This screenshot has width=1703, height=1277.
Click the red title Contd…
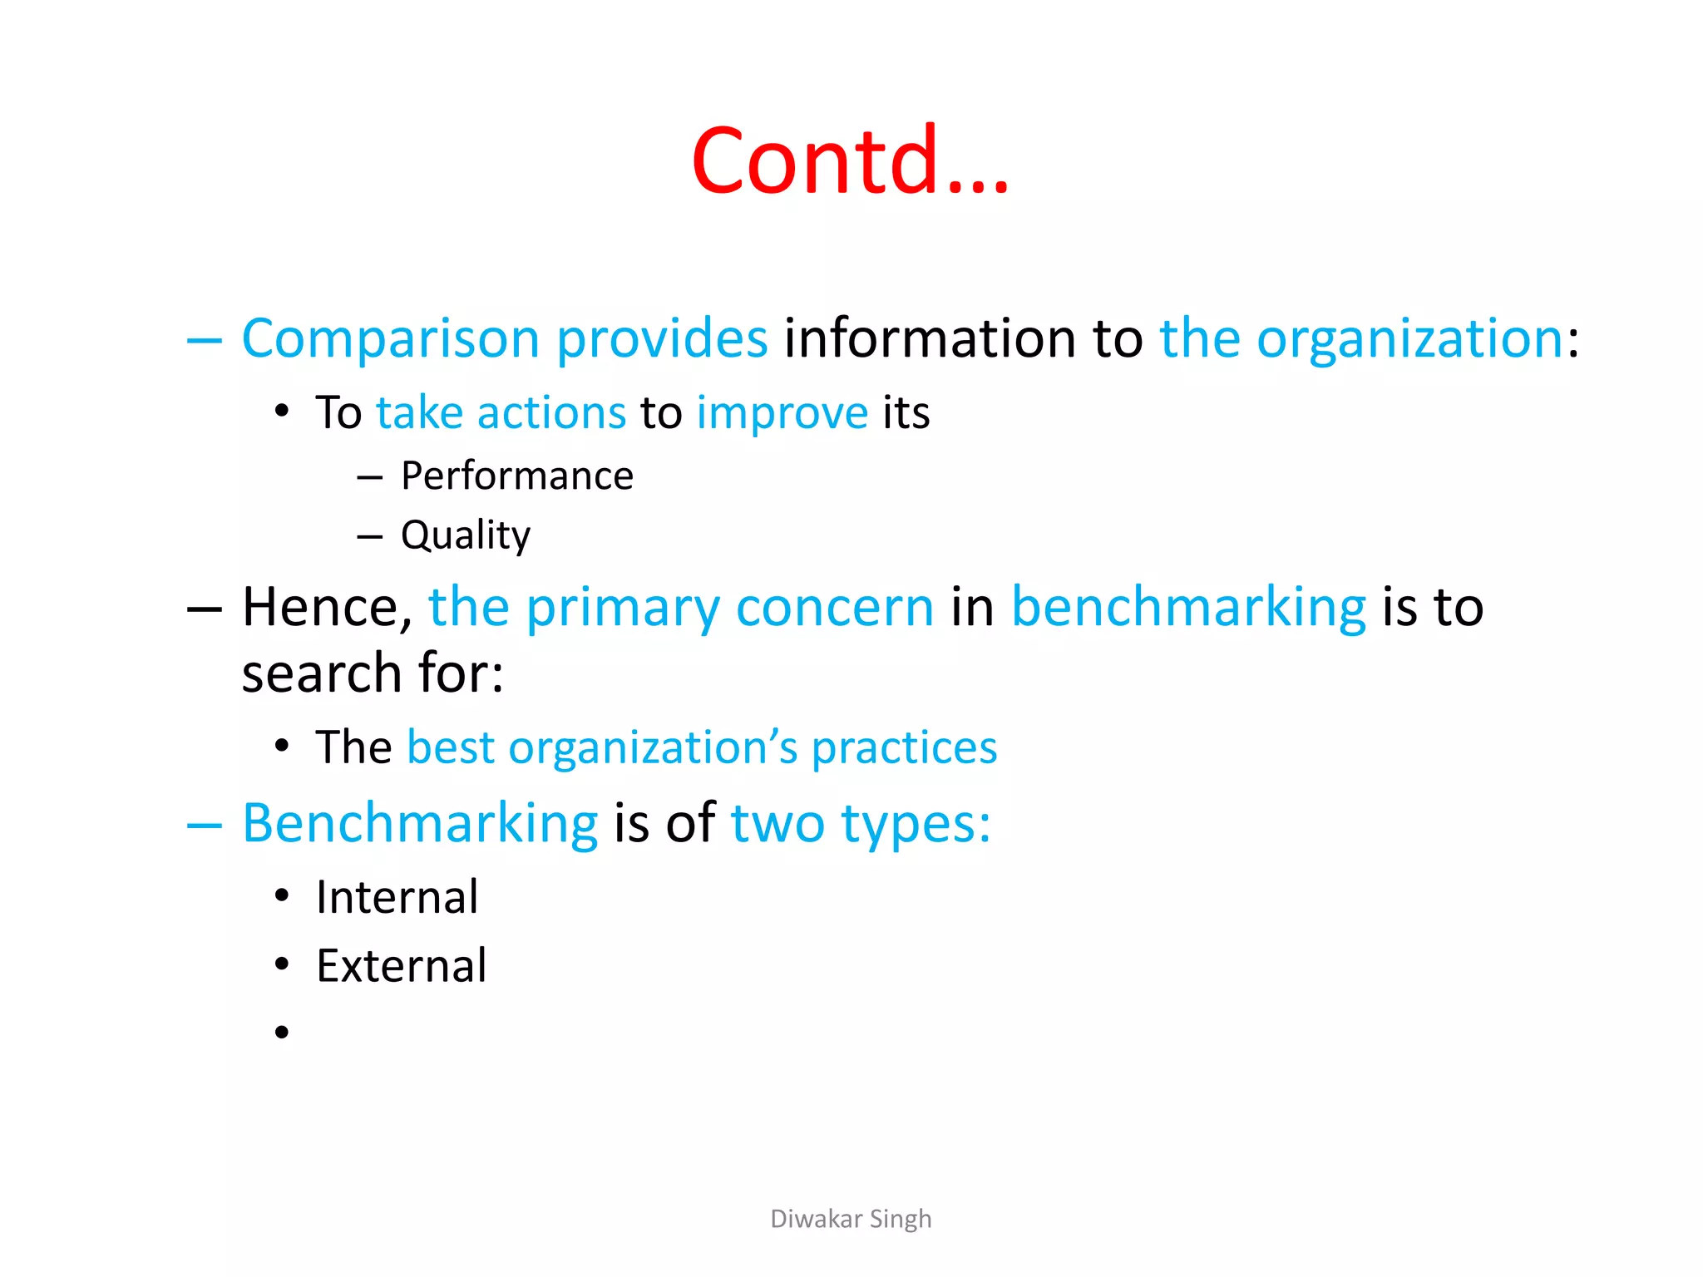tap(850, 160)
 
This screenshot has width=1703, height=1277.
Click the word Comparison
tap(390, 338)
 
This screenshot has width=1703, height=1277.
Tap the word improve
tap(782, 413)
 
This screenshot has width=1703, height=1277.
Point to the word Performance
tap(516, 476)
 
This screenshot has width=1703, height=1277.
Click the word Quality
tap(465, 535)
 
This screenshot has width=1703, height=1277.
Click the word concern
tap(835, 608)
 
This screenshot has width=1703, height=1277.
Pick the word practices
tap(904, 748)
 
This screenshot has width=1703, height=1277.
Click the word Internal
tap(397, 898)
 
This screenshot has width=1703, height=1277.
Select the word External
tap(401, 966)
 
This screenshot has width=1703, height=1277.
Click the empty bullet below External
tap(282, 1033)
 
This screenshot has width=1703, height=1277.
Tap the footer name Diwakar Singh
tap(851, 1219)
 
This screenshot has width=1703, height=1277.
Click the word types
tap(916, 825)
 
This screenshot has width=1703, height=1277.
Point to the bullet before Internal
tap(282, 896)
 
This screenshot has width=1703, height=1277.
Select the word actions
tap(551, 413)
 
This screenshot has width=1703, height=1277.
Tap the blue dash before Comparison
tap(205, 340)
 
